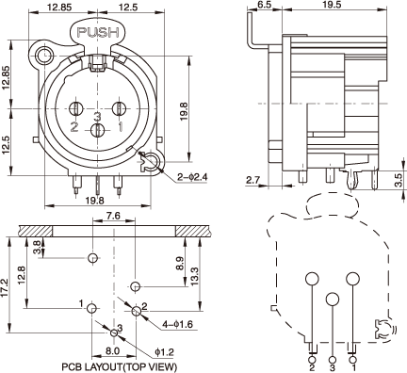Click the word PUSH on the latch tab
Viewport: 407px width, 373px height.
[x=98, y=32]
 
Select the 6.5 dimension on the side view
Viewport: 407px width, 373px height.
[x=264, y=5]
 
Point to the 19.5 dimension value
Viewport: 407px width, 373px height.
[x=332, y=5]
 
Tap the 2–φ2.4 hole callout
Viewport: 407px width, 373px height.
[x=192, y=177]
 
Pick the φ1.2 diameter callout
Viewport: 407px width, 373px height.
[x=164, y=352]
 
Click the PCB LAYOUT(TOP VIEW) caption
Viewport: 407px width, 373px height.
[x=119, y=366]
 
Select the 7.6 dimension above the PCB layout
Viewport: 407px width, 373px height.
[x=113, y=216]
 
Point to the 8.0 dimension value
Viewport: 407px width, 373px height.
[x=112, y=351]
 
